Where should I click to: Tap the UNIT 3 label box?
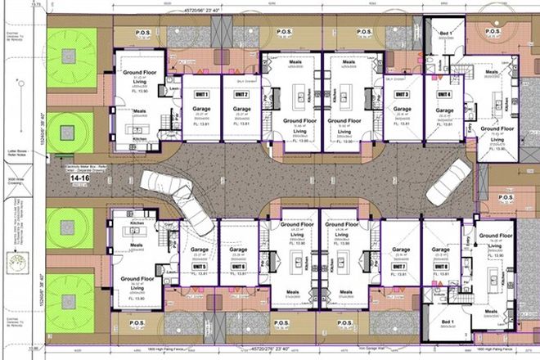[x=401, y=94]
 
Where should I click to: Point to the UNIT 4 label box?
[x=443, y=94]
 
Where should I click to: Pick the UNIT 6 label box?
[x=239, y=267]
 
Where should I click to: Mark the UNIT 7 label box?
[x=400, y=267]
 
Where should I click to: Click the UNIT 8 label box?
[x=443, y=267]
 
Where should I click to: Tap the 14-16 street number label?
[x=81, y=176]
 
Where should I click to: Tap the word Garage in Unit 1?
[x=201, y=107]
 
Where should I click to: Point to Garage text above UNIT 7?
[x=400, y=250]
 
